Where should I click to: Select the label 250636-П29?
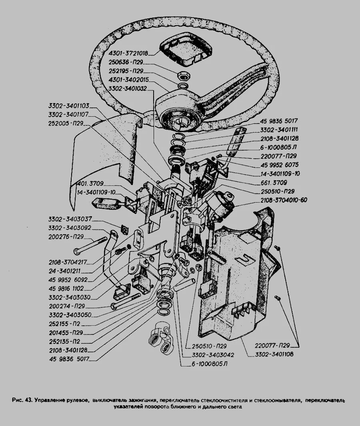click(x=126, y=62)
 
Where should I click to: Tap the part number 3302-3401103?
click(x=68, y=106)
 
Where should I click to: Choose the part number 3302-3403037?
click(x=70, y=219)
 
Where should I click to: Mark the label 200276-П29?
click(x=66, y=237)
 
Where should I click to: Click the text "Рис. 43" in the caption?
click(x=23, y=400)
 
